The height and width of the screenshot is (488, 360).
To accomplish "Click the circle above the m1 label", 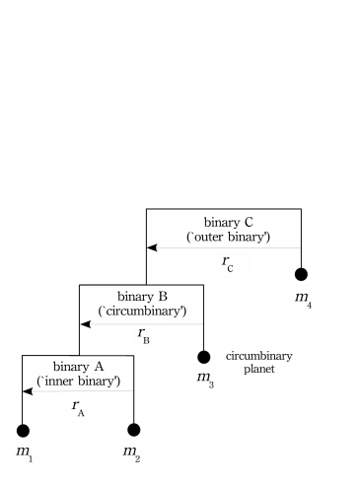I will (23, 430).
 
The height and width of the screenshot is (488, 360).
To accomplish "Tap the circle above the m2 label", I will (134, 430).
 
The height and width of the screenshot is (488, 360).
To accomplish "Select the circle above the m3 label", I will (204, 357).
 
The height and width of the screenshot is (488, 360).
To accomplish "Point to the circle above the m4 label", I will (301, 274).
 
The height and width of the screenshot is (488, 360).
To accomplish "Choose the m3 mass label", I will (205, 379).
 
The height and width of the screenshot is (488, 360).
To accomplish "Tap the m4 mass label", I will (304, 297).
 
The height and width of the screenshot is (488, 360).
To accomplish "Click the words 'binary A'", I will (78, 366).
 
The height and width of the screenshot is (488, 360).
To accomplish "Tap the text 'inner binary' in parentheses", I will (78, 381).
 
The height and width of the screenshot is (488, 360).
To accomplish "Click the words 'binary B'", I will (142, 296).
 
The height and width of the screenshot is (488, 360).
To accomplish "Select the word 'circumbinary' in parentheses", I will (142, 311).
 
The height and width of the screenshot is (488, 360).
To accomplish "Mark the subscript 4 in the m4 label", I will (311, 304).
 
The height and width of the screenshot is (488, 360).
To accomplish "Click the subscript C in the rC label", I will (231, 268).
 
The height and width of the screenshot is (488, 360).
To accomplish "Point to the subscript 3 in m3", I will (211, 384).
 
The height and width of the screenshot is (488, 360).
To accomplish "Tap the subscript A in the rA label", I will (81, 413).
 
